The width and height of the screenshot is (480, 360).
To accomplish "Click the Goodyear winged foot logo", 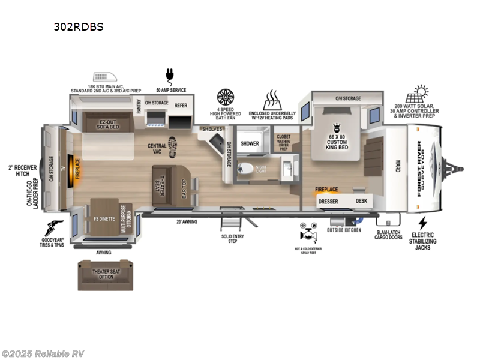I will coord(56,229).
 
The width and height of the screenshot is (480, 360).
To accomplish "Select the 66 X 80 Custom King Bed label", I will coord(336,137).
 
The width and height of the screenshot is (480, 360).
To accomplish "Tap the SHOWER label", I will coord(250,144).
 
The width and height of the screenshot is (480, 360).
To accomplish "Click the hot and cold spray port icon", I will coord(306,232).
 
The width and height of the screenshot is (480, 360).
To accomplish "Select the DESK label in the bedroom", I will coord(361,202).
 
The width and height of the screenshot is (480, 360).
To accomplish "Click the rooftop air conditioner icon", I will coord(107,77).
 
